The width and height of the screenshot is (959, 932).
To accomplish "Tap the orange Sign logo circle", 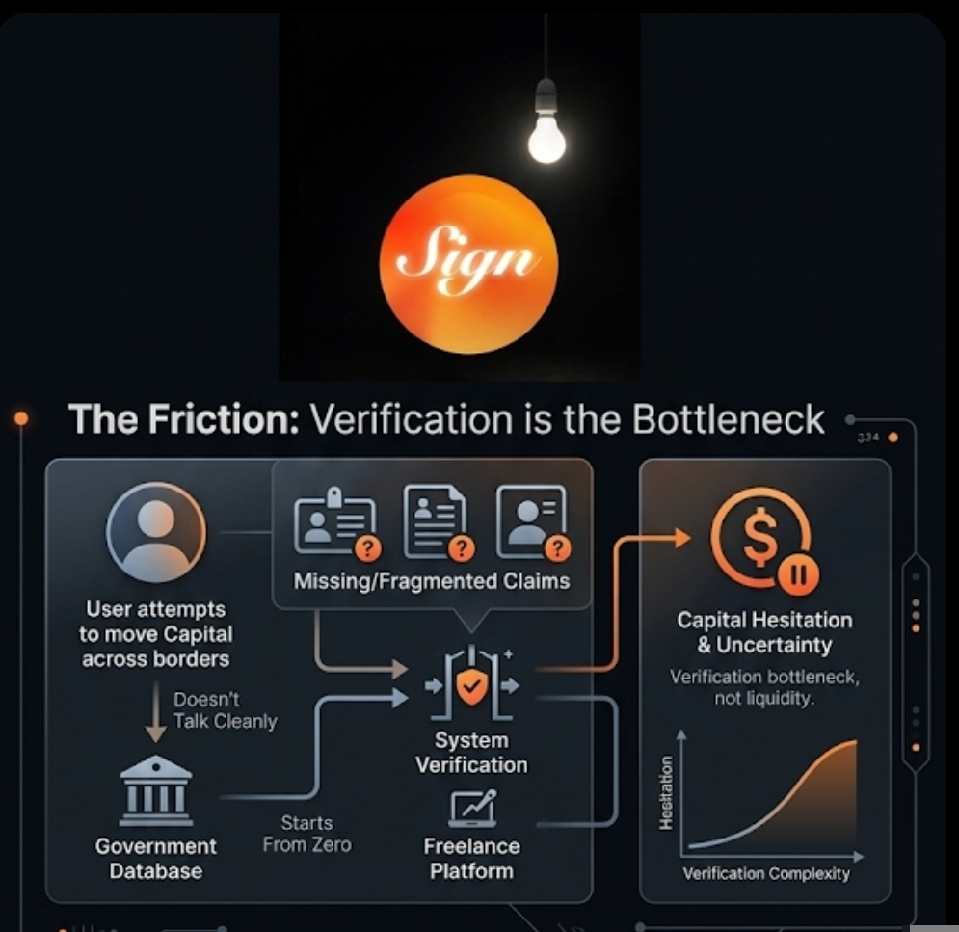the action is tap(468, 261).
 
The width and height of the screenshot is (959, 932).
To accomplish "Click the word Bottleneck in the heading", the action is tap(729, 420).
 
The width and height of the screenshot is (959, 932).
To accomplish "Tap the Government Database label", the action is tap(156, 859).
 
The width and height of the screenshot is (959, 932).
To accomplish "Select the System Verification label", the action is tap(471, 753).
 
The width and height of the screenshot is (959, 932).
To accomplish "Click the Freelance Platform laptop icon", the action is tap(472, 808).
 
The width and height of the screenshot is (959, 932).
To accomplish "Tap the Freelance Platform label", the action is tap(471, 859).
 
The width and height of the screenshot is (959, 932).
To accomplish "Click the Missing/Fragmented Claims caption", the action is tap(432, 581).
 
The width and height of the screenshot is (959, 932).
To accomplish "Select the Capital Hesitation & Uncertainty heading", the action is tap(764, 632).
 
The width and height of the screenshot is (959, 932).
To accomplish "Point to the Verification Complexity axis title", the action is tap(766, 874).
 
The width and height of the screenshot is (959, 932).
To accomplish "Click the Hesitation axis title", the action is tap(665, 792).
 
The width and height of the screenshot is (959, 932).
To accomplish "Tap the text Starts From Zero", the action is tap(306, 834).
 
